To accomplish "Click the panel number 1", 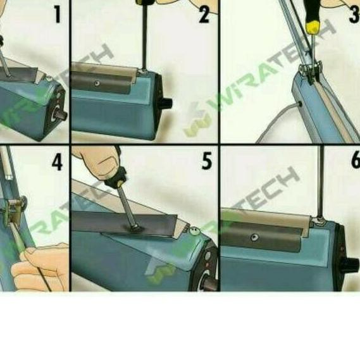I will coord(58,13).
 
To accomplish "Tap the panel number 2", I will coord(203,13).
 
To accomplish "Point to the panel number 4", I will coord(58,162).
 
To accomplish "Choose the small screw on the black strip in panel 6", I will coord(254,237).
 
